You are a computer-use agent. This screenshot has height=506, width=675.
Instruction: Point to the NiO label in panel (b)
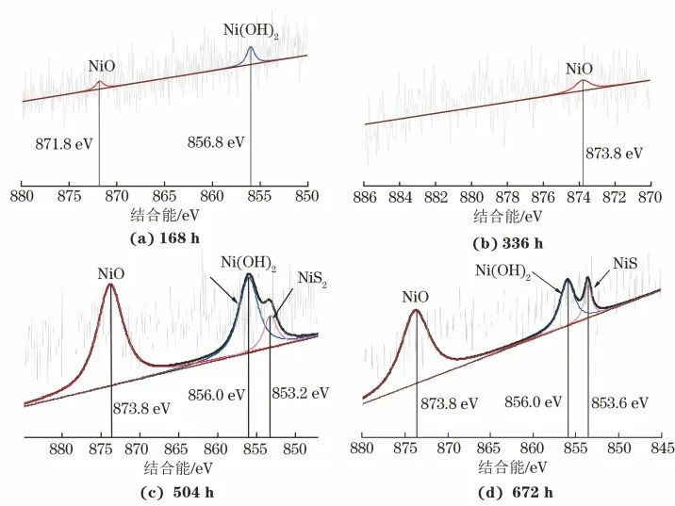[579, 69]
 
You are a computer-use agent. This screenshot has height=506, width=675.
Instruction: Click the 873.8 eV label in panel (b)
[617, 153]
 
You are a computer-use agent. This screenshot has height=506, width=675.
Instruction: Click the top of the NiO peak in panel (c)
[110, 286]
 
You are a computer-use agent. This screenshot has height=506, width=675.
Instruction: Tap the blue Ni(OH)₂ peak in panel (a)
[250, 48]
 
